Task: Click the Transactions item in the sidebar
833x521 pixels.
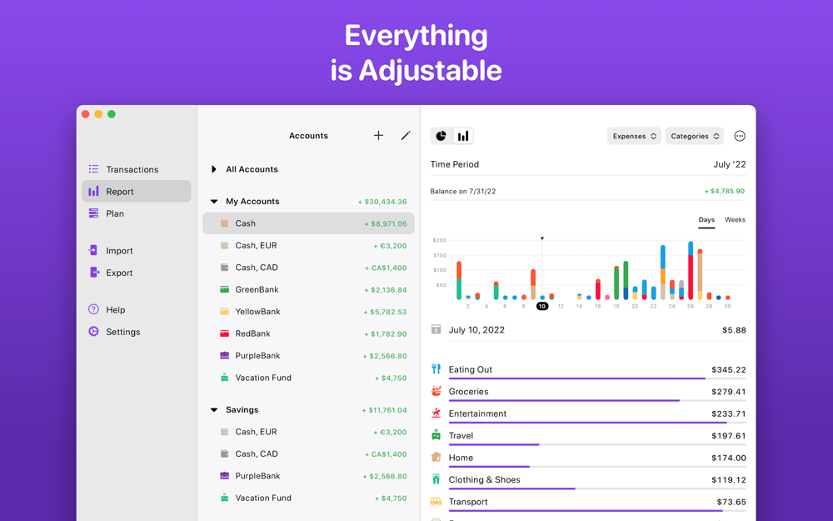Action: (x=132, y=169)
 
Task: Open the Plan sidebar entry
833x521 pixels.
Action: (x=115, y=213)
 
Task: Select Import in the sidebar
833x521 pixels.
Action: (x=119, y=251)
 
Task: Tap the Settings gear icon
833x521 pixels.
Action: (x=93, y=332)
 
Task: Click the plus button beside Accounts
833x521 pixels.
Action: (x=378, y=136)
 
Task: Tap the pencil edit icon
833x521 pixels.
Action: (x=406, y=136)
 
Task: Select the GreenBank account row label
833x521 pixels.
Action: (x=257, y=289)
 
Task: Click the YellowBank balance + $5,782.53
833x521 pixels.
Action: (x=385, y=312)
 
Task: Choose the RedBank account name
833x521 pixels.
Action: (x=252, y=333)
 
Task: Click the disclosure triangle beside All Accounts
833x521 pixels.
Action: (x=214, y=169)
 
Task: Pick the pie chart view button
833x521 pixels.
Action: (x=441, y=136)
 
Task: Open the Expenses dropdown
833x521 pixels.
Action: (x=634, y=136)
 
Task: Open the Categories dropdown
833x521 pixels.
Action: (x=694, y=136)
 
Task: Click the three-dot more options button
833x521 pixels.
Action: (x=740, y=136)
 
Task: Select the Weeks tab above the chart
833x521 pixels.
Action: (x=735, y=220)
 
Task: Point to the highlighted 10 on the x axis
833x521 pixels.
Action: (x=541, y=306)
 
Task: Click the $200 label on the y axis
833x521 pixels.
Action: (x=439, y=240)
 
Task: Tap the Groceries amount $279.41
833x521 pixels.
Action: (x=728, y=392)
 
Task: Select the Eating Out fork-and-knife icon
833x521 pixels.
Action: (x=436, y=369)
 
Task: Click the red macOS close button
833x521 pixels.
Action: (x=85, y=114)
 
